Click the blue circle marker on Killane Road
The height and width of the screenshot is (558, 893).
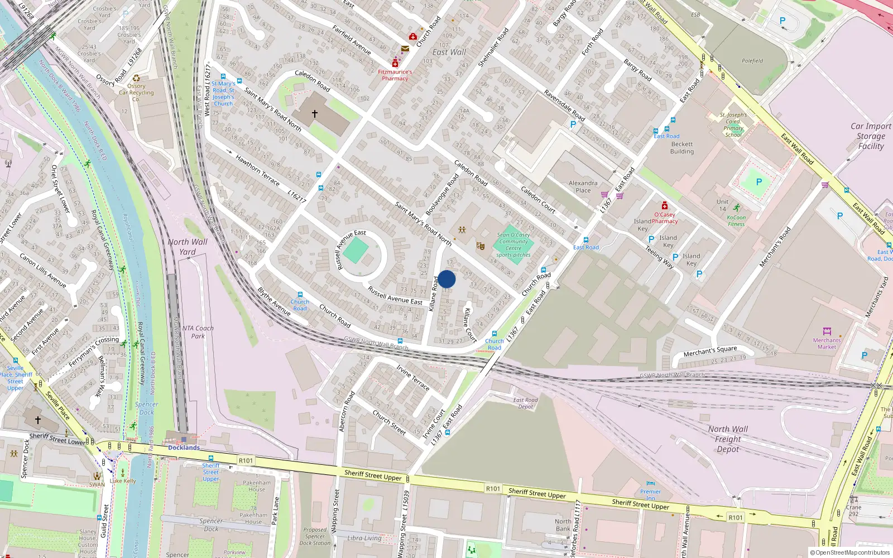pyautogui.click(x=446, y=279)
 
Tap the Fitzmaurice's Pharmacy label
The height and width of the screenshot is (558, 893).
pyautogui.click(x=395, y=75)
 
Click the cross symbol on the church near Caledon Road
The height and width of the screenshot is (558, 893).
pyautogui.click(x=315, y=114)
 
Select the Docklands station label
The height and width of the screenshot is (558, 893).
pyautogui.click(x=184, y=448)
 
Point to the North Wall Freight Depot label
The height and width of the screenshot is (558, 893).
pyautogui.click(x=728, y=439)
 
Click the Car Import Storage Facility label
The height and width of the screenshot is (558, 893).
pyautogui.click(x=871, y=136)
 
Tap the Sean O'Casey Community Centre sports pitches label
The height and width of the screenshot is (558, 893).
pyautogui.click(x=513, y=245)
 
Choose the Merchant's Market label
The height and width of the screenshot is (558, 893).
pyautogui.click(x=827, y=343)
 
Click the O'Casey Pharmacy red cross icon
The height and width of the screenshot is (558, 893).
pyautogui.click(x=664, y=206)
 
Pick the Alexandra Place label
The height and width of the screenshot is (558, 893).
pyautogui.click(x=583, y=186)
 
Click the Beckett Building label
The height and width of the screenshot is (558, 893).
pyautogui.click(x=682, y=147)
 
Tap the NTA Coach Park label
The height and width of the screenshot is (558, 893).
pyautogui.click(x=198, y=332)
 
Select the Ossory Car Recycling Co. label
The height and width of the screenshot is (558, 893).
pyautogui.click(x=136, y=93)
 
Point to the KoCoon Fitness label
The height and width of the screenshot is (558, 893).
pyautogui.click(x=736, y=220)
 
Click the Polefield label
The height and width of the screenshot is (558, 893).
pyautogui.click(x=752, y=61)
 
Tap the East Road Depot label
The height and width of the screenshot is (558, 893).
pyautogui.click(x=526, y=403)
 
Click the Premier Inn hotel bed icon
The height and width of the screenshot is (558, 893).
pyautogui.click(x=650, y=483)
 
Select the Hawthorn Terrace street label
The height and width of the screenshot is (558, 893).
pyautogui.click(x=257, y=170)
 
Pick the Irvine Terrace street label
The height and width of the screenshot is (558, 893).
pyautogui.click(x=412, y=378)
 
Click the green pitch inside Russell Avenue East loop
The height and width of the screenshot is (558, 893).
pyautogui.click(x=356, y=251)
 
